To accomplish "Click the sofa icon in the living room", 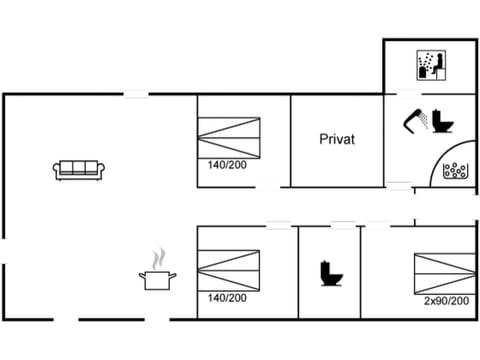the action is tap(78, 170).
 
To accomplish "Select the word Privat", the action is tap(337, 140).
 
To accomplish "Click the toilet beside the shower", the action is tap(443, 120).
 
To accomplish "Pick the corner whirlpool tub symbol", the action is tap(457, 169).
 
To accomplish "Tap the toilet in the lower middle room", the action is tap(327, 273).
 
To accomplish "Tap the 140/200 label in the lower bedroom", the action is tap(225, 297).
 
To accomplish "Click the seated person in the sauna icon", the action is tap(435, 67).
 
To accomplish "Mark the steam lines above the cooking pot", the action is tap(156, 259).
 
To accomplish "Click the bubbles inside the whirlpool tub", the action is tap(458, 169).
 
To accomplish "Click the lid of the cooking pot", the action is tap(157, 272).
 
